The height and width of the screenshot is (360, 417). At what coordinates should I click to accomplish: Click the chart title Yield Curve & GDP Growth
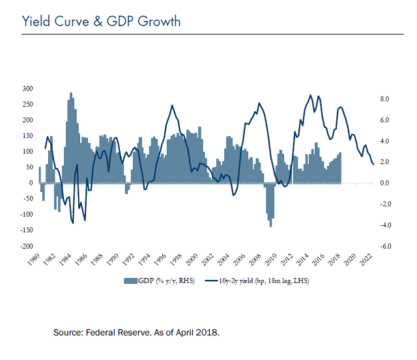click(x=101, y=21)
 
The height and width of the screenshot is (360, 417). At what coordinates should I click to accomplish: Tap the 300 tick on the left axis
click(x=27, y=89)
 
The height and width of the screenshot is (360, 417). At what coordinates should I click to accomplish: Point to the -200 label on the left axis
click(x=26, y=246)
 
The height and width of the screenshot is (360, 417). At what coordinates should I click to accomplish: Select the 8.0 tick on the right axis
click(x=384, y=99)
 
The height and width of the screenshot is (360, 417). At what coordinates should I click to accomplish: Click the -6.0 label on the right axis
click(x=386, y=246)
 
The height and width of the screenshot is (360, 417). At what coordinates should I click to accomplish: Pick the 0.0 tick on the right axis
click(x=384, y=183)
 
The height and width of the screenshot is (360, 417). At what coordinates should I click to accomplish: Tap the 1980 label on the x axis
click(x=33, y=259)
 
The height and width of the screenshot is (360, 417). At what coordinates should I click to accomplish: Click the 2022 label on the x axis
click(x=366, y=259)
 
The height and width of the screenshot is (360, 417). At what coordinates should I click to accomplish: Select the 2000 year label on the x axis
click(x=192, y=259)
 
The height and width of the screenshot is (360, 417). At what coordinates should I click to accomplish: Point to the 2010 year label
click(x=271, y=259)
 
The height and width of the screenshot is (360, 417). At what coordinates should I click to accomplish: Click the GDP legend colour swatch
click(x=130, y=281)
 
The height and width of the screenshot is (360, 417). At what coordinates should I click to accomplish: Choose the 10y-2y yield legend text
click(x=264, y=281)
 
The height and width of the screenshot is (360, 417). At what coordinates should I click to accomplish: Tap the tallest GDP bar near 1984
click(x=71, y=137)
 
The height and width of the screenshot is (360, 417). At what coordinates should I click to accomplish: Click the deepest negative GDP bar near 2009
click(x=271, y=204)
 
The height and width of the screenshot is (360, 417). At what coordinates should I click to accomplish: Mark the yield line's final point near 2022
click(x=373, y=165)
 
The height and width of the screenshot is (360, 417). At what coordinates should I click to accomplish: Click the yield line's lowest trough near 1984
click(x=73, y=223)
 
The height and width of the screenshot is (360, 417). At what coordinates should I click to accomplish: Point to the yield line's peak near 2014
click(x=310, y=95)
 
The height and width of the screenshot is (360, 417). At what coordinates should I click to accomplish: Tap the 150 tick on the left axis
click(x=27, y=135)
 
